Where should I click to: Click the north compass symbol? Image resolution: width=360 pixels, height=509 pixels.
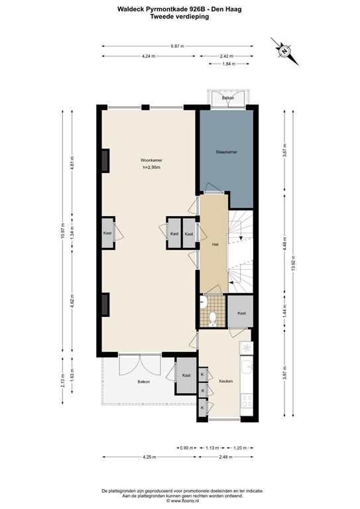click(284, 50)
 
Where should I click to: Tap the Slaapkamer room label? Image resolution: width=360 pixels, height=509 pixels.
click(226, 152)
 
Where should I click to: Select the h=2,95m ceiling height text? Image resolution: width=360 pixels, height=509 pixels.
click(152, 168)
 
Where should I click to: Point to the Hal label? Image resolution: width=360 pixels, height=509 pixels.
click(215, 244)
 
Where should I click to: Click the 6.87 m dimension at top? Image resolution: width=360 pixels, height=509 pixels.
click(177, 46)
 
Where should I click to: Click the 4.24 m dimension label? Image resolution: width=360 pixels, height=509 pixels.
click(149, 56)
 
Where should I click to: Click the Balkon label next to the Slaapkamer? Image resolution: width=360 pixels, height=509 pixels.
click(228, 97)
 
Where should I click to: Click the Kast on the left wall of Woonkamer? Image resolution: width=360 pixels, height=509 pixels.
click(107, 233)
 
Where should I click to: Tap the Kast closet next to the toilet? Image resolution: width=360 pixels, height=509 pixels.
click(241, 313)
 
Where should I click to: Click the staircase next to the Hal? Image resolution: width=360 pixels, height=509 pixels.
click(241, 249)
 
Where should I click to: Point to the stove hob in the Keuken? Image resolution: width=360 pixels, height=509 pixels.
click(247, 400)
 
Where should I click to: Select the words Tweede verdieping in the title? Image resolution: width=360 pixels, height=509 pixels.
click(180, 17)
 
